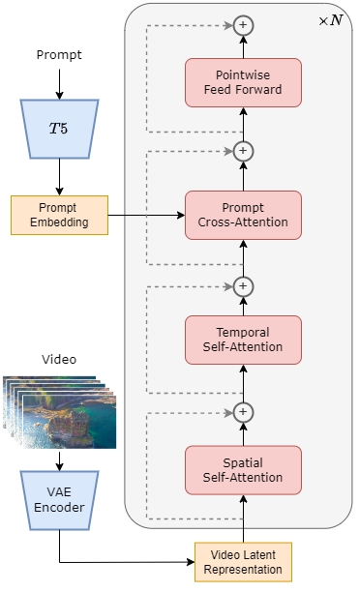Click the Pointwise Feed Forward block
click(243, 82)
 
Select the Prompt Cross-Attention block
click(243, 215)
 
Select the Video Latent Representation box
click(243, 562)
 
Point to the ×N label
click(330, 20)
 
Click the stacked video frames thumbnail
click(60, 411)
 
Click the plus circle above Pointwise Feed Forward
click(243, 25)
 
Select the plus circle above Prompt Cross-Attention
click(243, 151)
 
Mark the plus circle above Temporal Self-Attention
click(243, 286)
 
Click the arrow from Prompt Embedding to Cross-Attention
click(145, 215)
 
